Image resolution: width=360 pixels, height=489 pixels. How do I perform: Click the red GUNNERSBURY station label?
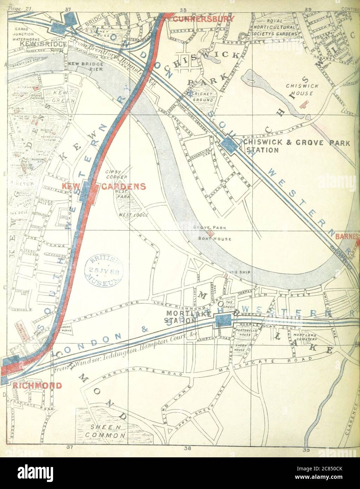click(x=203, y=19)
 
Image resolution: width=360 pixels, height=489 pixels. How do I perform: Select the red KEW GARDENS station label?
click(x=104, y=186)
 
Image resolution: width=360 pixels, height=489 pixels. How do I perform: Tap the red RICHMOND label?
click(x=37, y=385)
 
